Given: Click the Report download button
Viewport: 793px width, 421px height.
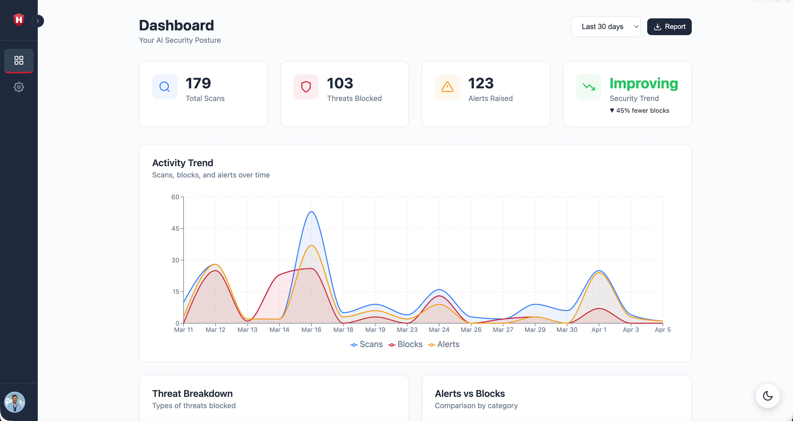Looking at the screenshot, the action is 669,27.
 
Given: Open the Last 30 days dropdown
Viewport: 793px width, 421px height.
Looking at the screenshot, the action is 606,27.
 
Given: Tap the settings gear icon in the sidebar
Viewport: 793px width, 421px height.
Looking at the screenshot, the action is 19,87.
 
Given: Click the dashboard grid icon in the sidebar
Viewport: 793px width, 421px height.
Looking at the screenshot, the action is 19,60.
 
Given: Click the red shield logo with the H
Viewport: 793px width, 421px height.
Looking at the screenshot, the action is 19,20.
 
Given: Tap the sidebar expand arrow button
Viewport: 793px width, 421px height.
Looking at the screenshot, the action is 38,21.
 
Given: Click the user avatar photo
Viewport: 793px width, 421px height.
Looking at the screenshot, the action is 14,402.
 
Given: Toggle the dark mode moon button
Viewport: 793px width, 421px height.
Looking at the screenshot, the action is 768,396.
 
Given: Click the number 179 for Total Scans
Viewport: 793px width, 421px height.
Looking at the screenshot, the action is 198,83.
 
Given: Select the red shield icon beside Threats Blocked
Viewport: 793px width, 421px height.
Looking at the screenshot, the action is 306,87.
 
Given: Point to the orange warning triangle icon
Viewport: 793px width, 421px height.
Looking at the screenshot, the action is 447,87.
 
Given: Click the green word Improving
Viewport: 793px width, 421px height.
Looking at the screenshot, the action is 644,84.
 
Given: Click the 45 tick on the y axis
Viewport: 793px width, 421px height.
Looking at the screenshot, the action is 175,228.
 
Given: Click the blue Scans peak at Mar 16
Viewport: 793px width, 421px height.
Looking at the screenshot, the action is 311,212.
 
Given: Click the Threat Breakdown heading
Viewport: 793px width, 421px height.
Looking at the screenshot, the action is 192,394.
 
